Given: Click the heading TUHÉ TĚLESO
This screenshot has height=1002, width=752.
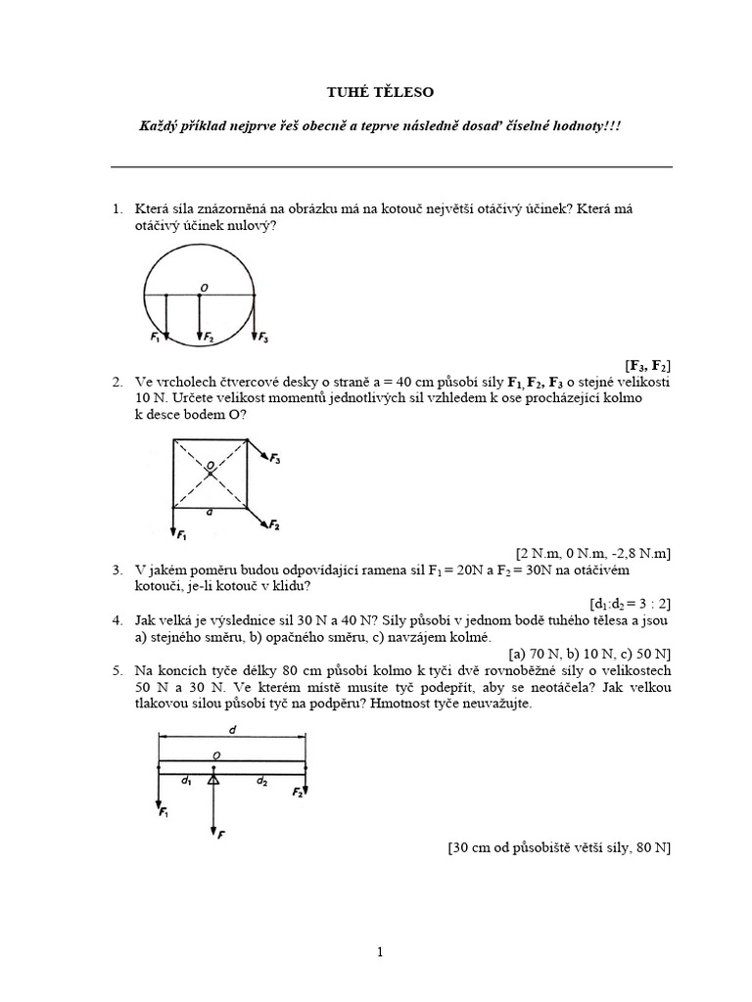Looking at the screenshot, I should (x=377, y=92).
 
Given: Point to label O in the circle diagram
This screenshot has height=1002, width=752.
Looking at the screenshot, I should (x=204, y=287).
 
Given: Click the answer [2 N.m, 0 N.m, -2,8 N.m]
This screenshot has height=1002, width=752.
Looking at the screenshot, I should (x=593, y=552).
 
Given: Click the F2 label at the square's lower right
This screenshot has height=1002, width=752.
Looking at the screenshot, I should (x=274, y=525).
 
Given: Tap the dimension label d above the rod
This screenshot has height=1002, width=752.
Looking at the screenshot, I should (x=233, y=731).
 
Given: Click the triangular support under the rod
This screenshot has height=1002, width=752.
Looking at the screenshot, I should (x=212, y=779).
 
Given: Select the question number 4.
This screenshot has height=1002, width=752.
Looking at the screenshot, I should (x=117, y=620).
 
